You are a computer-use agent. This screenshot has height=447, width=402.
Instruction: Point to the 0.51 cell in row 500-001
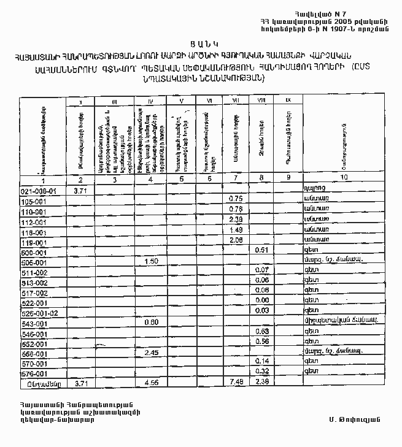(262, 250)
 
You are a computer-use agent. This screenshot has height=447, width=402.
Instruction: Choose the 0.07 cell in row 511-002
(263, 270)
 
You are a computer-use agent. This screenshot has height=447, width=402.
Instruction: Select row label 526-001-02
(39, 313)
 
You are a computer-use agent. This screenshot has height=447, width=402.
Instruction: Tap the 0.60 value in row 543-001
(151, 322)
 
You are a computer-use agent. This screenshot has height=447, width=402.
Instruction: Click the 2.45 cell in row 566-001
(151, 353)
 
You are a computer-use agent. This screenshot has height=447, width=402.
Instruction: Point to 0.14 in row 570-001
(263, 362)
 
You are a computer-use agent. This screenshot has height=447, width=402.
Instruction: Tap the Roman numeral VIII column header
(261, 101)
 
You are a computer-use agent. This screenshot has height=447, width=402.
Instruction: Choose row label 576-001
(34, 373)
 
